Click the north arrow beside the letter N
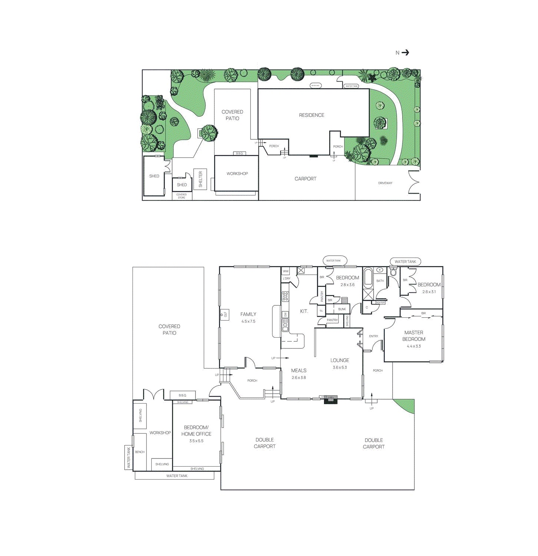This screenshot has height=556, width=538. point(405,53)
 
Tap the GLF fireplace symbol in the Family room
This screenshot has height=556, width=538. point(225,314)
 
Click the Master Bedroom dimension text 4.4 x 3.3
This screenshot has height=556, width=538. point(414,346)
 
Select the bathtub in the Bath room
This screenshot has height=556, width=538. point(368,279)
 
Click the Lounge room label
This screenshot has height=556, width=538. point(339,360)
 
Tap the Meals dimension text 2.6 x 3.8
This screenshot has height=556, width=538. point(299,378)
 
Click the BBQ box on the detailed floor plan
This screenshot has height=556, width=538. point(182,396)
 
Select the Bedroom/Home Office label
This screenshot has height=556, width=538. point(196,431)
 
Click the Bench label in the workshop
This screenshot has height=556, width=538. point(140,452)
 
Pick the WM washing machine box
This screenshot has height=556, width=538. point(285,271)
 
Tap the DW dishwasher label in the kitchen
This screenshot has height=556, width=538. point(285,315)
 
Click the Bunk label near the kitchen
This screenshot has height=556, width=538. point(342,309)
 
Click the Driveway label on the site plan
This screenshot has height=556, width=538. point(385,183)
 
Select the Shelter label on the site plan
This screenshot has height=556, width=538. point(200,179)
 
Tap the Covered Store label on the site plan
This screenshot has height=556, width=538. point(181,196)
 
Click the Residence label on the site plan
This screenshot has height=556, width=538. point(311,115)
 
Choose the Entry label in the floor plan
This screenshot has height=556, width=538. point(373,337)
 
